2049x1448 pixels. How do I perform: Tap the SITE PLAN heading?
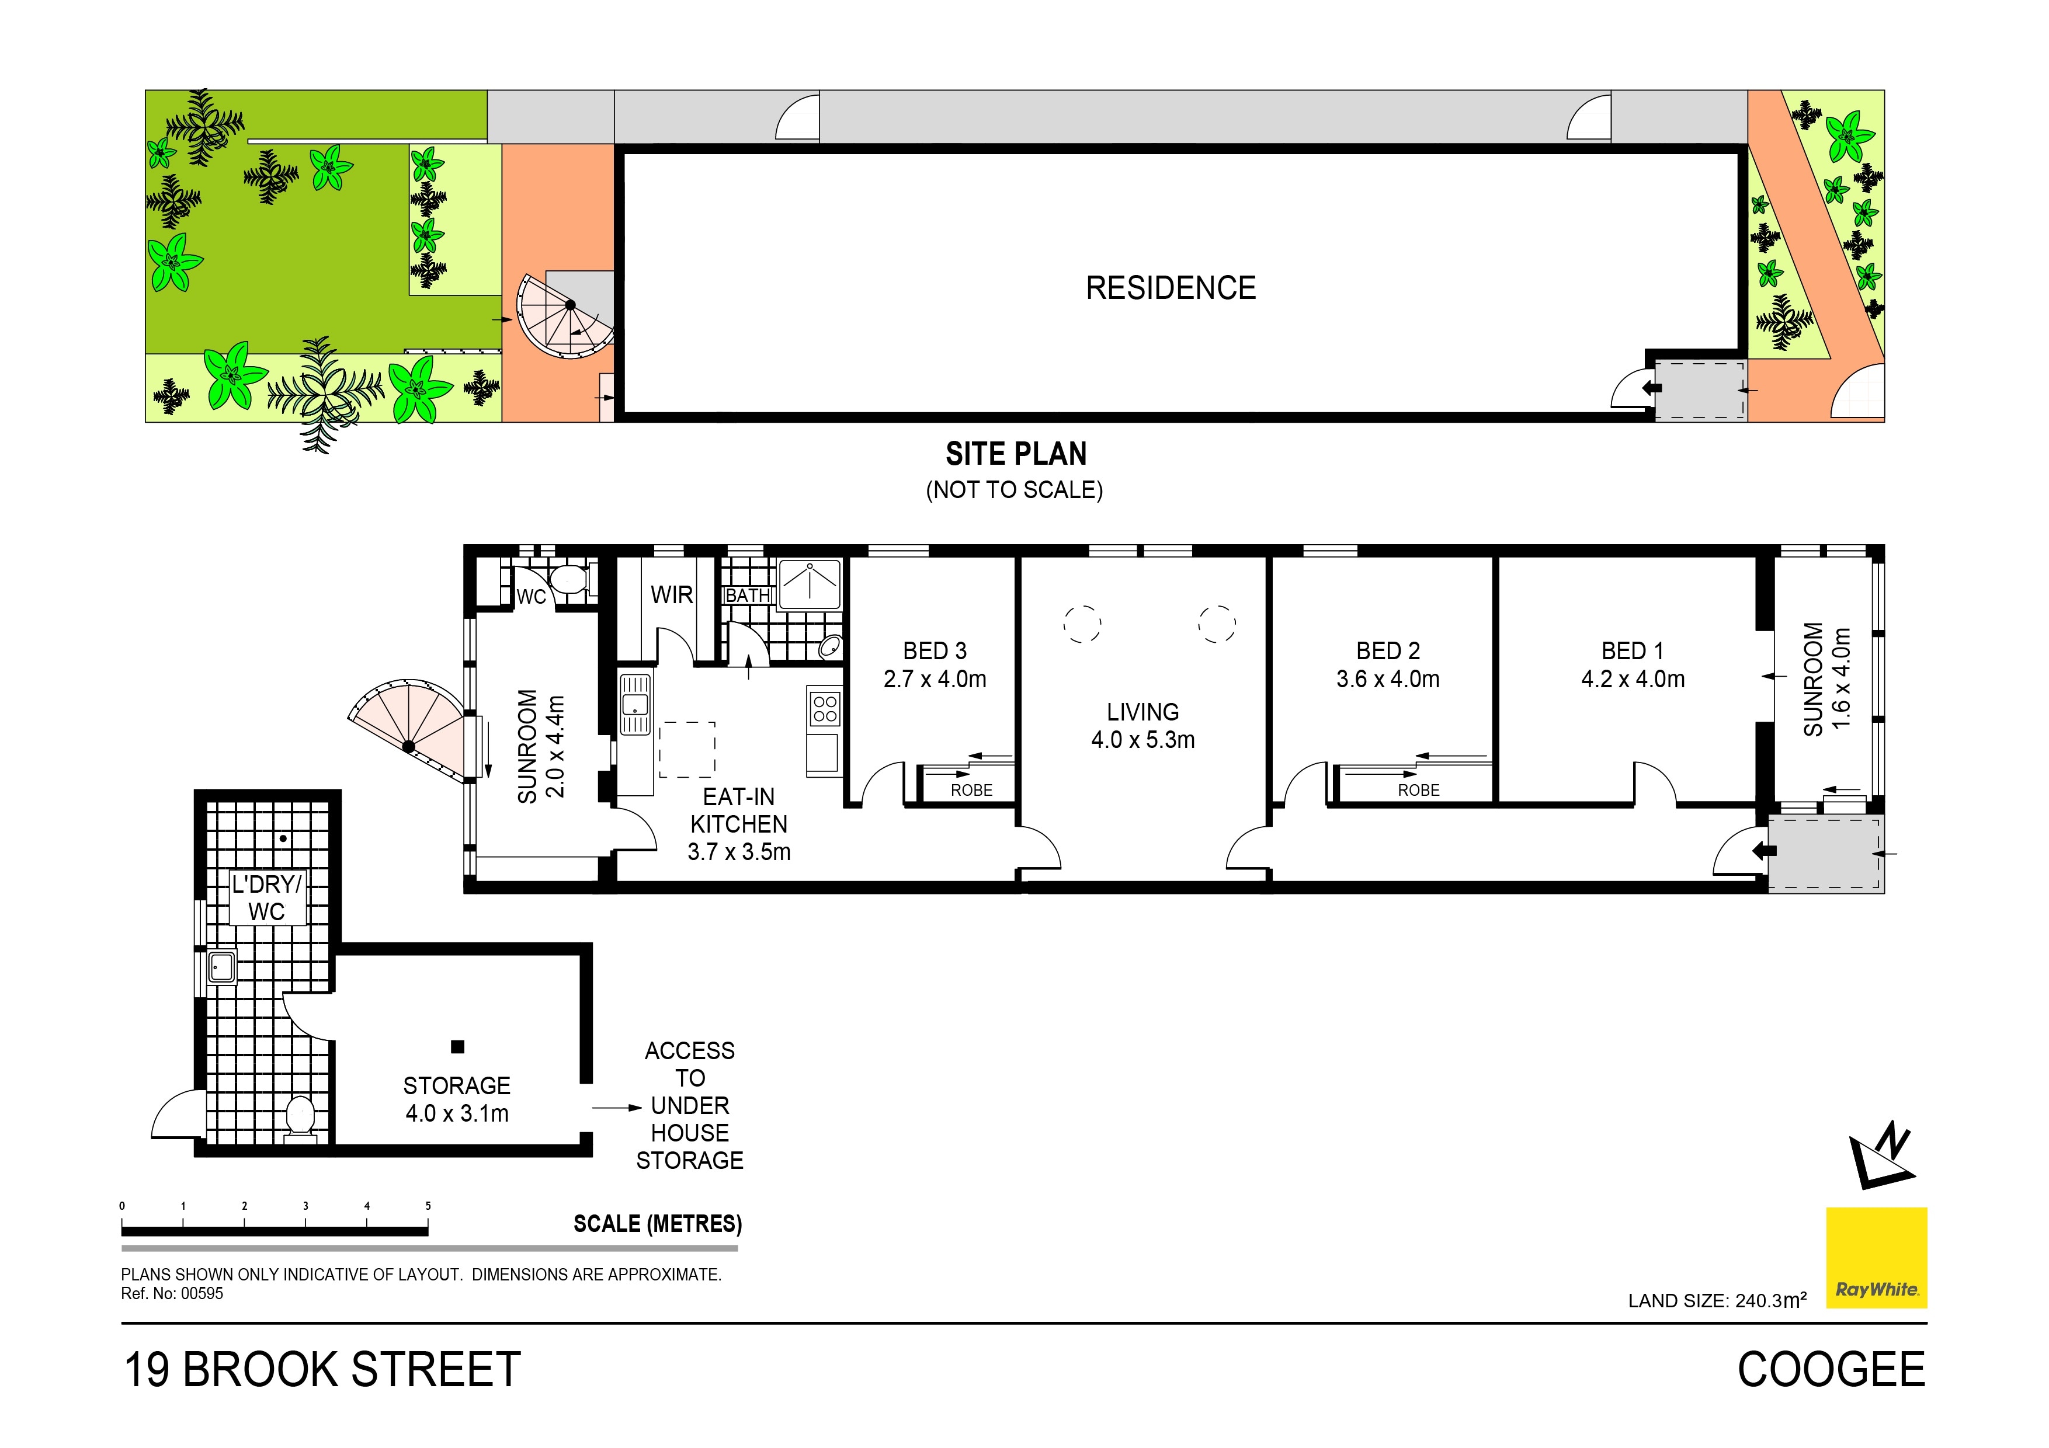(x=1016, y=454)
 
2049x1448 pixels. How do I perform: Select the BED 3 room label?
(x=935, y=651)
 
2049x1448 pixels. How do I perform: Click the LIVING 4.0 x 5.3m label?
(x=1142, y=725)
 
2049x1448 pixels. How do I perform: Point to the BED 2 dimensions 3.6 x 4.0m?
(x=1388, y=679)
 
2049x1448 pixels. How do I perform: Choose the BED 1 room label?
(x=1632, y=651)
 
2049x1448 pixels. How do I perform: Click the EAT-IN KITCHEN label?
(x=739, y=810)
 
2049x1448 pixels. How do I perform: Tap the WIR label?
(x=671, y=594)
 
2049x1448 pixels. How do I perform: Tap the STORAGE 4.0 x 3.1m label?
(x=457, y=1099)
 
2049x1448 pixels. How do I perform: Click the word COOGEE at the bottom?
(x=1831, y=1370)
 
